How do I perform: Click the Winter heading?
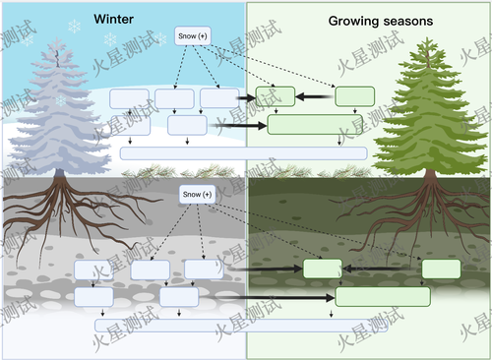click(113, 19)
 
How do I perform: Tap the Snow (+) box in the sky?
click(193, 35)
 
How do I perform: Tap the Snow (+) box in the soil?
click(197, 194)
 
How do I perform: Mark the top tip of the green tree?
click(427, 37)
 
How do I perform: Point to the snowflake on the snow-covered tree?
click(61, 100)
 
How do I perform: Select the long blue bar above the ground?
click(243, 153)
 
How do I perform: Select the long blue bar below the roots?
click(241, 326)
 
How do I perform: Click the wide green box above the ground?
click(315, 125)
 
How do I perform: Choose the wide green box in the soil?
click(383, 297)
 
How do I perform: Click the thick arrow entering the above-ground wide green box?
click(238, 126)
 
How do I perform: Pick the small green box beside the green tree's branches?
click(354, 96)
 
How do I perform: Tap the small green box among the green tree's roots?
click(441, 269)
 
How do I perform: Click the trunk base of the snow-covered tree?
click(59, 173)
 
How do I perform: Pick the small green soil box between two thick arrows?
click(323, 269)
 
